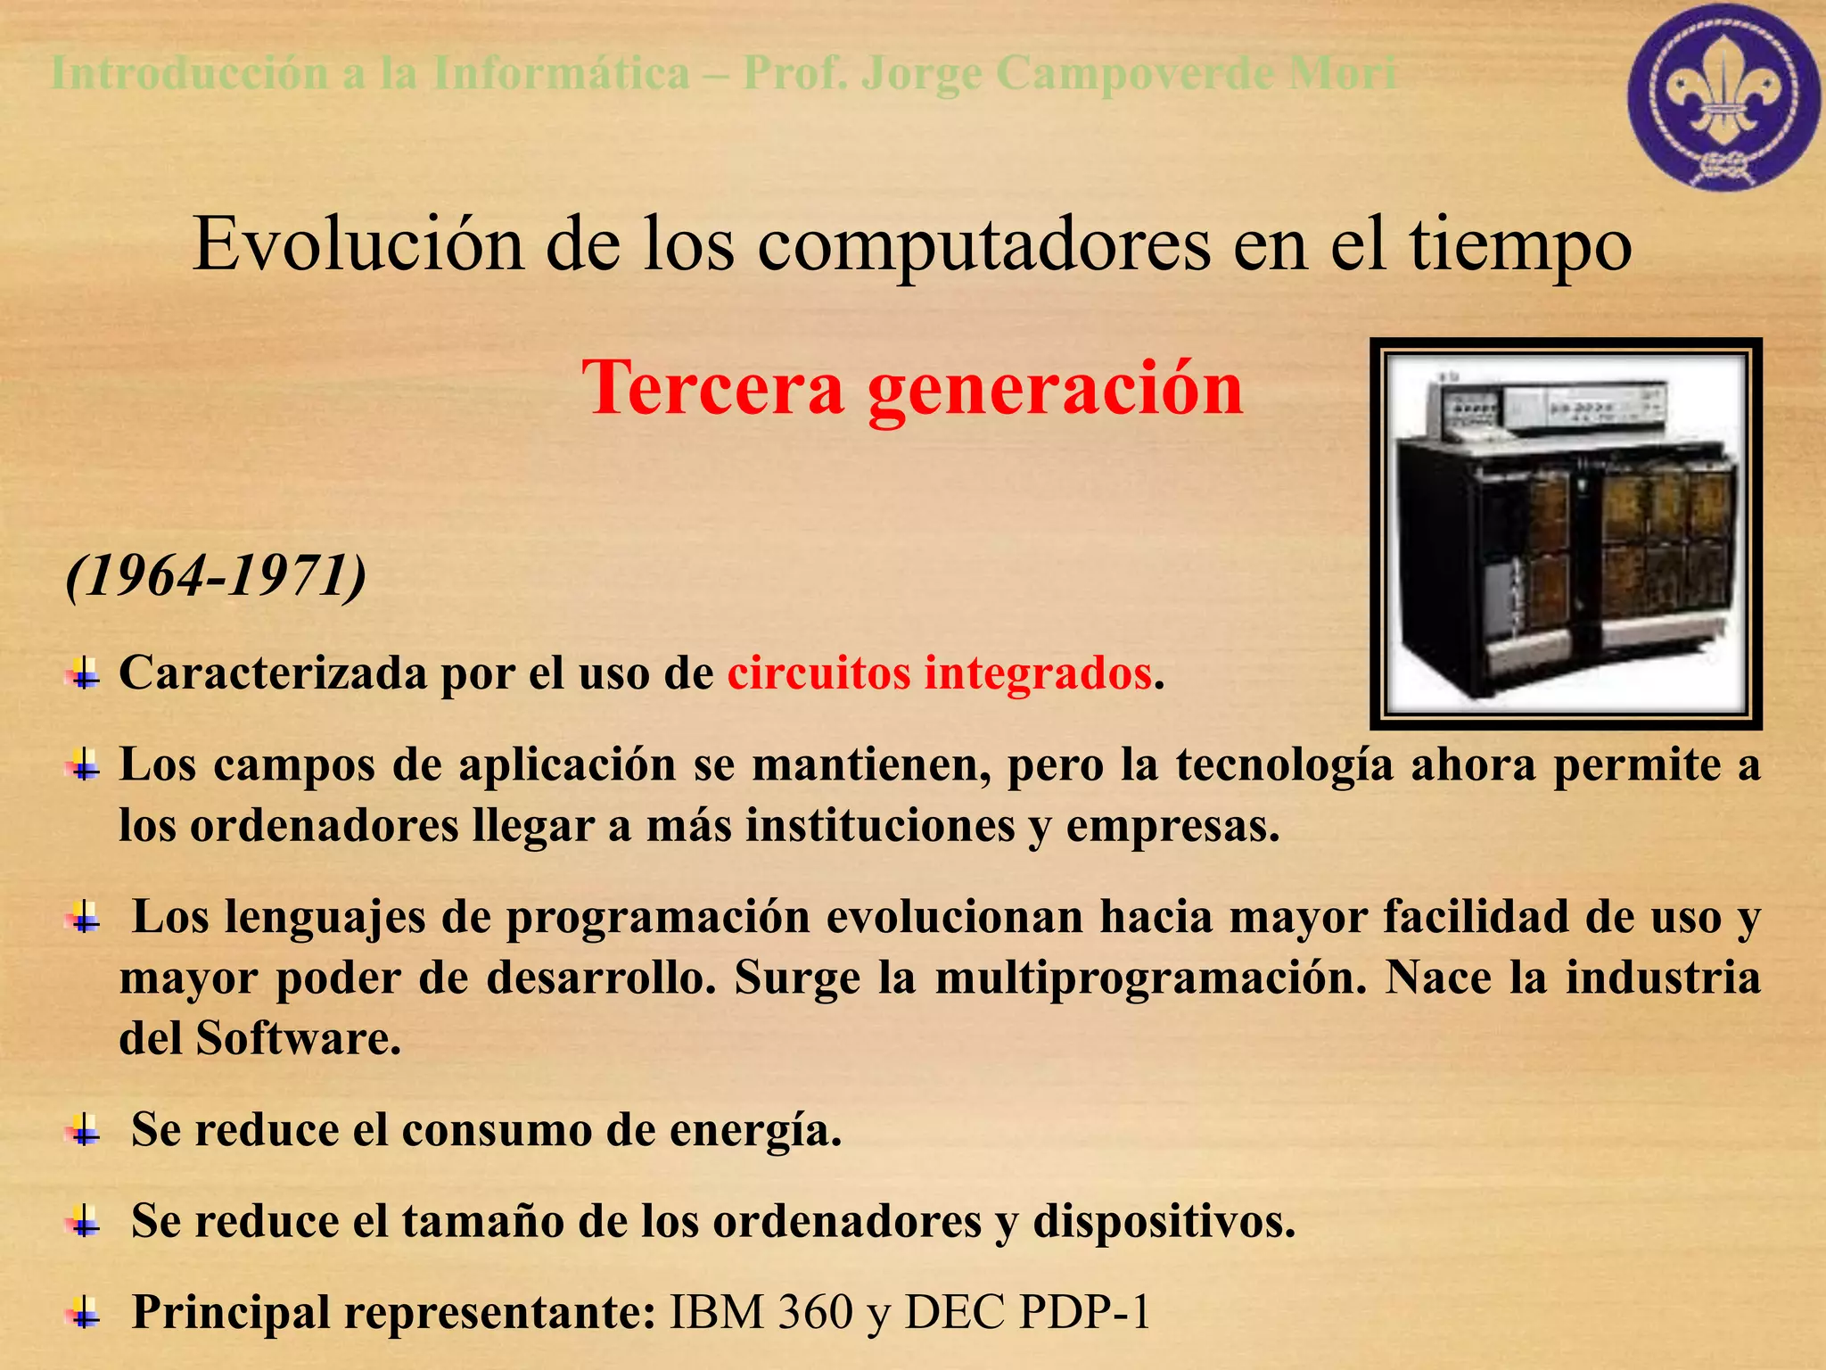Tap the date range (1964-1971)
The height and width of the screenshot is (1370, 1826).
(217, 576)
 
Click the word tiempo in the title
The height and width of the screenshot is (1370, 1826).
(1520, 246)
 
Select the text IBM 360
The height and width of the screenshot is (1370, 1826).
(761, 1312)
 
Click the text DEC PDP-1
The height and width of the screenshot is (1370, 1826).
(1026, 1312)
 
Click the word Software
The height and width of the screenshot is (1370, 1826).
(298, 1038)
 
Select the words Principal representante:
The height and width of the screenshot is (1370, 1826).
(393, 1312)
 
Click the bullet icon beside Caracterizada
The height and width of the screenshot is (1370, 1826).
(84, 673)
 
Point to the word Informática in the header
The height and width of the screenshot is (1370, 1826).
(561, 73)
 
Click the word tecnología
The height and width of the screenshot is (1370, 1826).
(1284, 765)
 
